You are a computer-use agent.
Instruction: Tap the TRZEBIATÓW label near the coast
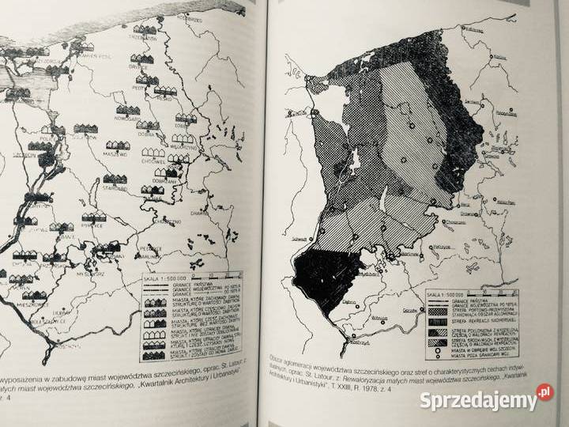145,36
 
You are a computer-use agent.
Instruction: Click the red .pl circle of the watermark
544,391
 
